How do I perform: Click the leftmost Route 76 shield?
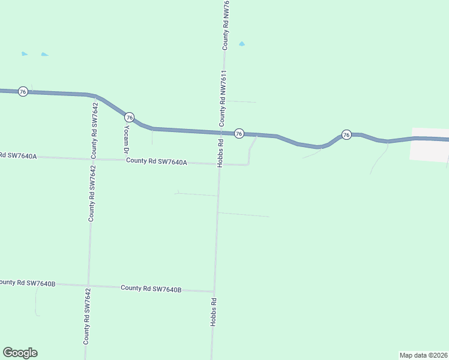pyautogui.click(x=23, y=91)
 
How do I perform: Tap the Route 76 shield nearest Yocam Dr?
pyautogui.click(x=130, y=117)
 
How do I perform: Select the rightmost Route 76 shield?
pyautogui.click(x=346, y=134)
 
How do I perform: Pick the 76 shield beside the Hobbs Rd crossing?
pyautogui.click(x=239, y=133)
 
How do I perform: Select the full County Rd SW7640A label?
pyautogui.click(x=157, y=161)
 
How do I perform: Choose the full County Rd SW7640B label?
pyautogui.click(x=151, y=289)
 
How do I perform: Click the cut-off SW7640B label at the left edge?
pyautogui.click(x=28, y=283)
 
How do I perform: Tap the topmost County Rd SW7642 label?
pyautogui.click(x=94, y=130)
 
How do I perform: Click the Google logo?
pyautogui.click(x=20, y=353)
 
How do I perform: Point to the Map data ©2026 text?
pyautogui.click(x=423, y=355)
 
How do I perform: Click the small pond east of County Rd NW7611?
pyautogui.click(x=242, y=44)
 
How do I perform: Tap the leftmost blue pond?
pyautogui.click(x=25, y=54)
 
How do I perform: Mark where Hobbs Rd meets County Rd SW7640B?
pyautogui.click(x=214, y=291)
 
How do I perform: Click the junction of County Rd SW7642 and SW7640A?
pyautogui.click(x=92, y=159)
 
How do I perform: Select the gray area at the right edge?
pyautogui.click(x=430, y=145)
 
